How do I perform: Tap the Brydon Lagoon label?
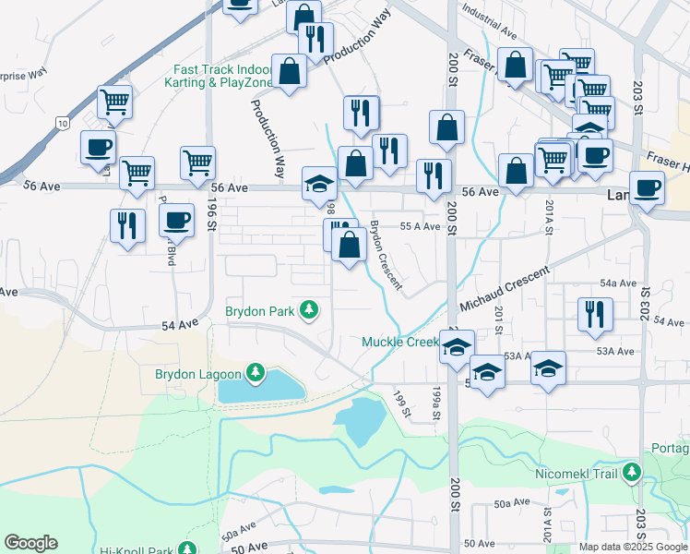pyautogui.click(x=197, y=375)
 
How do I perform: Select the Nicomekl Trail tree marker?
pyautogui.click(x=632, y=474)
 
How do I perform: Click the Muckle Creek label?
pyautogui.click(x=400, y=343)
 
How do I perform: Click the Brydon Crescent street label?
pyautogui.click(x=387, y=254)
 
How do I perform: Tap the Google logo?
pyautogui.click(x=30, y=543)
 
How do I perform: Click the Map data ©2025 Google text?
pyautogui.click(x=633, y=547)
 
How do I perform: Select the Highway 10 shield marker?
pyautogui.click(x=61, y=122)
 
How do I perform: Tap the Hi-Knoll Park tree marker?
pyautogui.click(x=189, y=548)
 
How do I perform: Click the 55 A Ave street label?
pyautogui.click(x=420, y=226)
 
